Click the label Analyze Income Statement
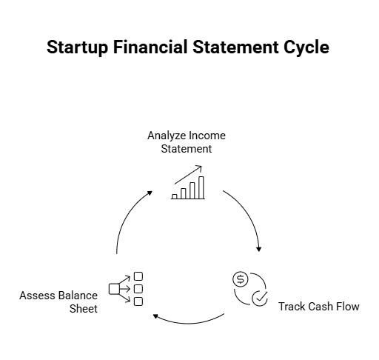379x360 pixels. coord(187,142)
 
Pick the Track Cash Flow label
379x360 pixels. coord(318,306)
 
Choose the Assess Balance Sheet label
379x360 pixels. coord(59,301)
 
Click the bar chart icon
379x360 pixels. coord(189,184)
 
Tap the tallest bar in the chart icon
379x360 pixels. coord(201,187)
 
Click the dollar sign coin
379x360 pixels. coord(240,280)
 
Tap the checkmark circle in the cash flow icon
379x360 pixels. coord(259,298)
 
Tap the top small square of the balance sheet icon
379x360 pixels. coord(138,276)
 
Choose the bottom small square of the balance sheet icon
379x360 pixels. coord(138,300)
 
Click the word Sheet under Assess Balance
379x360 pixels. coord(84,308)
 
